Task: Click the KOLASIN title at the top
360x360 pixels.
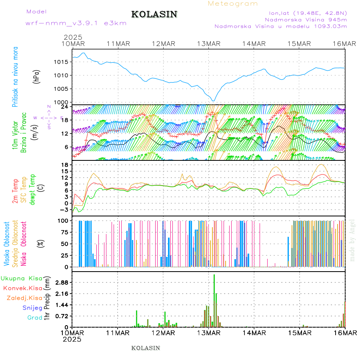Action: (154, 14)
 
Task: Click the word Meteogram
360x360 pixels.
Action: (233, 4)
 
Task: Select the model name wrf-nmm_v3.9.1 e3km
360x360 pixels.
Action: (76, 23)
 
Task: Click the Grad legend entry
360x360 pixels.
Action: (35, 318)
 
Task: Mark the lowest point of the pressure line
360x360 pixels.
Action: (214, 101)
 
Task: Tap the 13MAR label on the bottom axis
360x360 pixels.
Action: (208, 332)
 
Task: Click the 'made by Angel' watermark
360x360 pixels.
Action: (352, 240)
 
